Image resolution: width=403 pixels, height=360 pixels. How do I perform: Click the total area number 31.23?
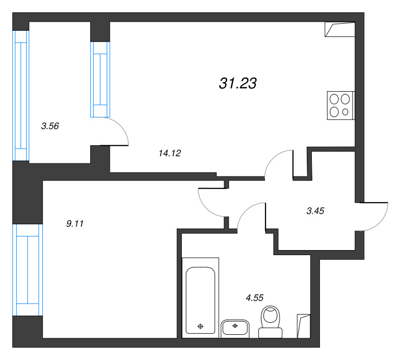238,83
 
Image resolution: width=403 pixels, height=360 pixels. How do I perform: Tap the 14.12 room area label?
170,153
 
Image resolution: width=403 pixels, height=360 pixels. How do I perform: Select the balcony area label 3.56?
50,126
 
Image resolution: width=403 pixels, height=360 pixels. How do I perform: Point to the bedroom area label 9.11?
75,224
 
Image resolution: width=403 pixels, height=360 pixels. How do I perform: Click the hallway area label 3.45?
315,211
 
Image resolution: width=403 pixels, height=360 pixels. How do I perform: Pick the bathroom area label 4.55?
254,297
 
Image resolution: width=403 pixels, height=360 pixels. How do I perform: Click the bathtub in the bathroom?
200,297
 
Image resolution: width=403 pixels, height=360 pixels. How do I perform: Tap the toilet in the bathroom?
271,322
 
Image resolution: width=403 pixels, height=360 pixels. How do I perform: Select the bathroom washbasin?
235,329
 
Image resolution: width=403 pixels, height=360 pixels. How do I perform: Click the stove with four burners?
341,105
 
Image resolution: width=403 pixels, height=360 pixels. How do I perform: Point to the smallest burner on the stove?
345,112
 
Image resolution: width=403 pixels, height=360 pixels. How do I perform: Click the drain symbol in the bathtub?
200,327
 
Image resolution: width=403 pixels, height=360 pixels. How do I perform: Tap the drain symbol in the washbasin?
235,326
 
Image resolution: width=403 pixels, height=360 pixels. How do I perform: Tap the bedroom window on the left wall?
28,270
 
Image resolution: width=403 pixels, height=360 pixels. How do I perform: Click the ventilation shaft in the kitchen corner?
340,29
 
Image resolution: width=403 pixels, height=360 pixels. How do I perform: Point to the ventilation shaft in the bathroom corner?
304,326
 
